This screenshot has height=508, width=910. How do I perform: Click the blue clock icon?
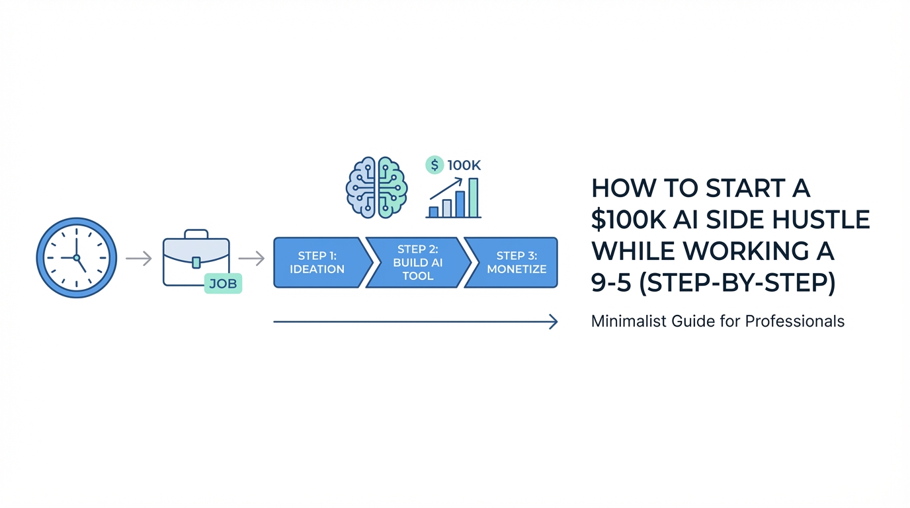(x=76, y=257)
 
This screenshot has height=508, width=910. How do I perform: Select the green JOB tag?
(x=223, y=284)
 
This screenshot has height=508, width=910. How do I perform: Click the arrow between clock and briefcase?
(x=138, y=259)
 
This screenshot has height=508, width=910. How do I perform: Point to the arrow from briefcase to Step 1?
(x=251, y=259)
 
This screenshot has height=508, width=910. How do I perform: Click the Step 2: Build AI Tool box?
(x=418, y=263)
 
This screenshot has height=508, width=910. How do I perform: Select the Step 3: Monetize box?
(x=516, y=263)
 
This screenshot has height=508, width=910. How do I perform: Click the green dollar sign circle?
(x=434, y=165)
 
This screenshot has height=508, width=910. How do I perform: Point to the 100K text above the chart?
(x=464, y=165)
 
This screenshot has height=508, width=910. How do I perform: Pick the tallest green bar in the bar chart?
(x=473, y=197)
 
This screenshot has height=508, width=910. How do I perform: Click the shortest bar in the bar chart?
(x=434, y=212)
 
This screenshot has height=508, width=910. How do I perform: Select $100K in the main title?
(x=624, y=220)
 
